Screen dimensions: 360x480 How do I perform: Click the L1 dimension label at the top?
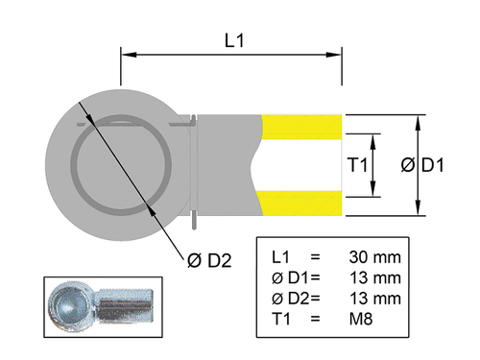[x=233, y=41]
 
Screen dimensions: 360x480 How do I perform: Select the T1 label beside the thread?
[x=357, y=165]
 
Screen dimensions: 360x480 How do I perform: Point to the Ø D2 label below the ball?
[x=207, y=259]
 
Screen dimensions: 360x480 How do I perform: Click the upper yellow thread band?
[x=303, y=127]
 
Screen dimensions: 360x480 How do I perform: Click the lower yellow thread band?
[x=303, y=203]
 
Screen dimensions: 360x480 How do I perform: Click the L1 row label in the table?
[x=280, y=257]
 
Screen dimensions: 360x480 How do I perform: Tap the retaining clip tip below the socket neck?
[x=195, y=224]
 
